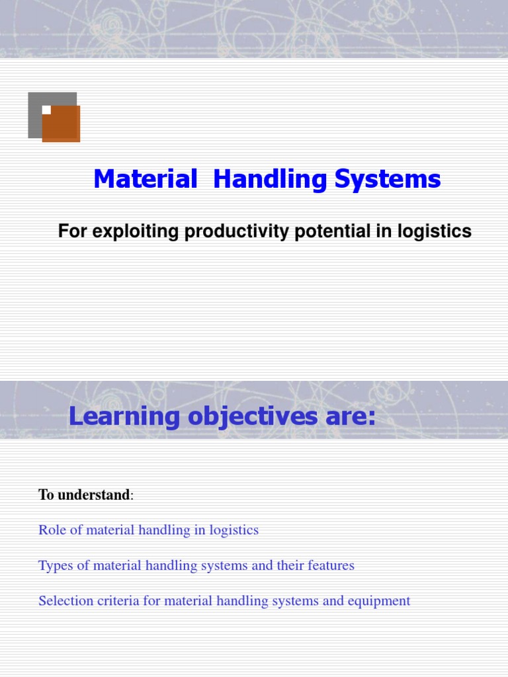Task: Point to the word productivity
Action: [x=219, y=231]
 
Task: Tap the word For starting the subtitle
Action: [x=72, y=231]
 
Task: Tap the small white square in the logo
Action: [x=46, y=110]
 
